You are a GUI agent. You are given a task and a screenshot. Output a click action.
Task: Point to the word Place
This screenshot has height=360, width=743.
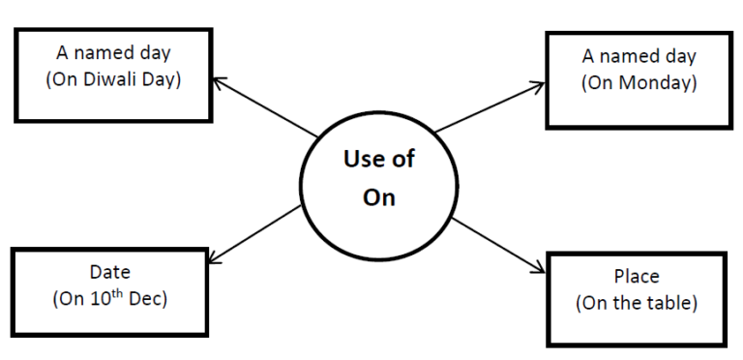(637, 276)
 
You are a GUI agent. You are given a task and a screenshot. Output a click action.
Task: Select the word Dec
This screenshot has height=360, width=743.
(146, 299)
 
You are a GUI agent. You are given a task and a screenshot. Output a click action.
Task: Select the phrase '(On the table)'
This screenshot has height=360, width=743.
(637, 303)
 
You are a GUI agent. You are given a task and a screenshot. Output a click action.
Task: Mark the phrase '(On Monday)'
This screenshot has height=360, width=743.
(638, 82)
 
